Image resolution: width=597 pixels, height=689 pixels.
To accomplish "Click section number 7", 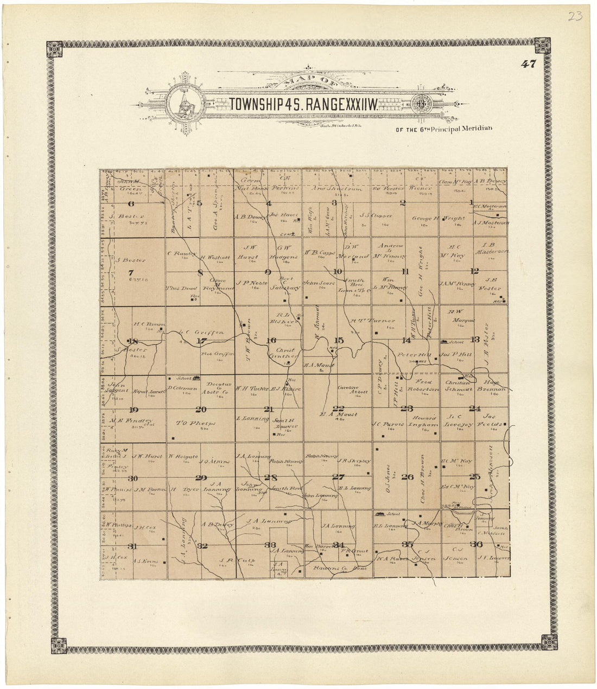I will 130,272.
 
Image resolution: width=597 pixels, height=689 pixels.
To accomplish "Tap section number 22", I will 339,409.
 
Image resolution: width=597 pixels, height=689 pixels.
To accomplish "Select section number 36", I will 477,545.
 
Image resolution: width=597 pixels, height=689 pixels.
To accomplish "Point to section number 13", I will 475,340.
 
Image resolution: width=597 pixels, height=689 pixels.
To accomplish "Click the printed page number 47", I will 529,64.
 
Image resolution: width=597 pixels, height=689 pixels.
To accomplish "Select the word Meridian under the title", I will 474,129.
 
